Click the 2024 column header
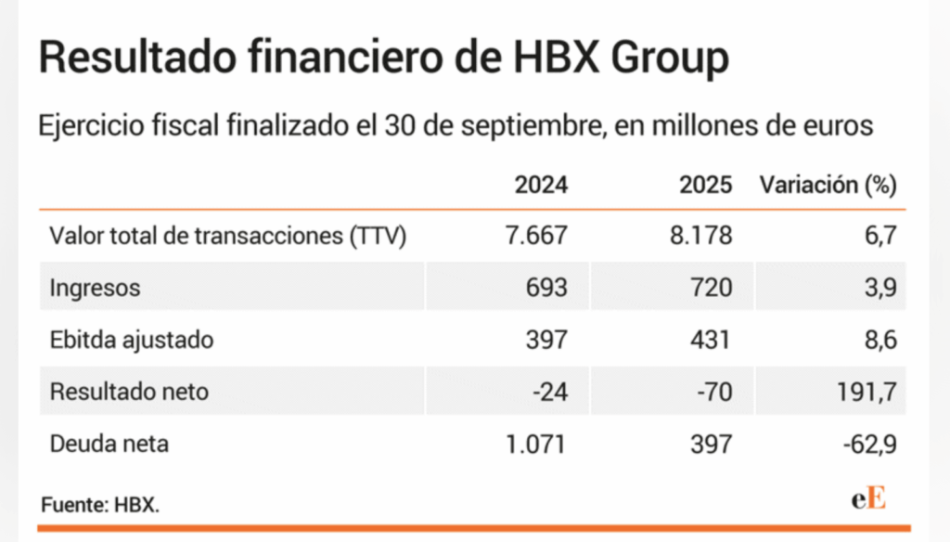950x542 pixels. click(541, 185)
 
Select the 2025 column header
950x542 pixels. click(705, 185)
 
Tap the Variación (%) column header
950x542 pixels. click(828, 185)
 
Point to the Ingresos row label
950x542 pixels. click(95, 289)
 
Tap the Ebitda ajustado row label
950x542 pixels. click(131, 340)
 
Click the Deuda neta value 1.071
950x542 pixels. click(535, 444)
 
